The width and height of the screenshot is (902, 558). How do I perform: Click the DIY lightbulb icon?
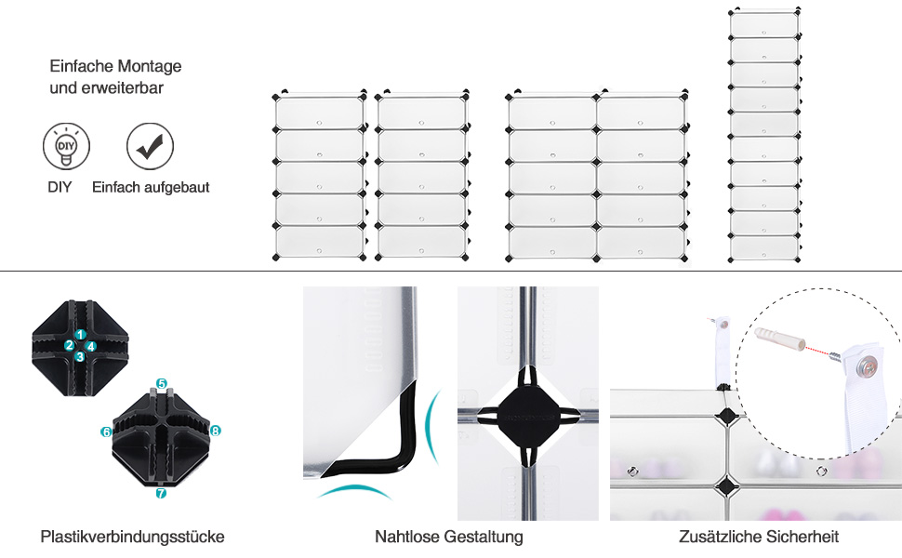coord(66,147)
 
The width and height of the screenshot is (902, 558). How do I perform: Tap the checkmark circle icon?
coord(150,147)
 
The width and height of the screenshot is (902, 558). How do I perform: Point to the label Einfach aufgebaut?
coord(151,187)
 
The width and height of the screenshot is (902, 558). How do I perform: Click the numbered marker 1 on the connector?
coord(81,335)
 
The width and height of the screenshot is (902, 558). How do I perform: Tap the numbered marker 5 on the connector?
coord(161,383)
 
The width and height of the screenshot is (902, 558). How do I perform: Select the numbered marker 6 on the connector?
coord(106,432)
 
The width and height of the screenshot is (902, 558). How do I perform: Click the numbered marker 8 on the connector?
coord(215,431)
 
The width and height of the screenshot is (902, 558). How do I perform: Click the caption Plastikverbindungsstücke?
coord(132,537)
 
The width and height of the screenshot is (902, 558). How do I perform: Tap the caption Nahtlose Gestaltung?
coord(449,537)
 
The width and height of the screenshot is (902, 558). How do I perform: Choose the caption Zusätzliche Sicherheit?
coord(759,537)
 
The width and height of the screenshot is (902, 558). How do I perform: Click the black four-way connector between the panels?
coord(526,416)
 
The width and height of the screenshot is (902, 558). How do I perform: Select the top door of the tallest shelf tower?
coord(763,24)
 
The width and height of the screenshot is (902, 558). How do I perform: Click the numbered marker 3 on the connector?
coord(81,356)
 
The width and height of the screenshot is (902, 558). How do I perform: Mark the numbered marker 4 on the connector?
coord(91,346)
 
